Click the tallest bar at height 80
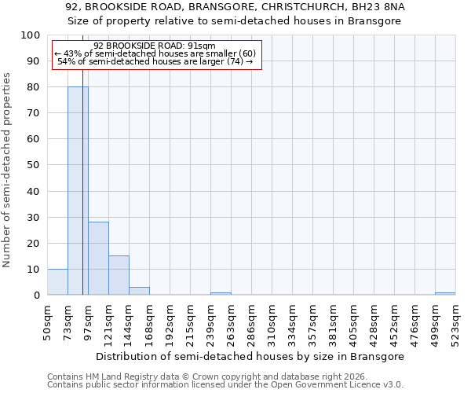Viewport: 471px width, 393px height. point(78,191)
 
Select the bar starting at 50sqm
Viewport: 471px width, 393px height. point(57,282)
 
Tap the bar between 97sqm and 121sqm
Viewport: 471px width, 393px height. point(98,259)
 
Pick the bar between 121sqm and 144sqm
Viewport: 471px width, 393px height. point(119,275)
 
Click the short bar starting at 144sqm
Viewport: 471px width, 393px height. point(139,291)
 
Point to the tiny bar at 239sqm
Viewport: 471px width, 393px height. point(221,293)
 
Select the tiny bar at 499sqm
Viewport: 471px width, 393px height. point(445,293)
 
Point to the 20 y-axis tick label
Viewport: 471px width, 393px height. point(35,243)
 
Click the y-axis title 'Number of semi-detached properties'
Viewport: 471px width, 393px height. point(7,170)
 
